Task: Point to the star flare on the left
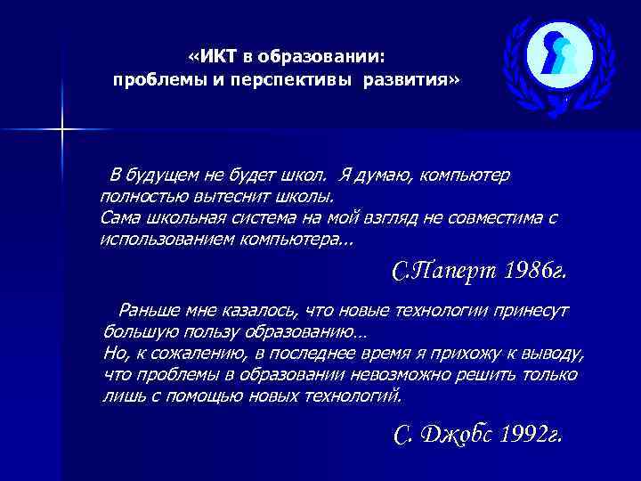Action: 63,130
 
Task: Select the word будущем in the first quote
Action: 172,175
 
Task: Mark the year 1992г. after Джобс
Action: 531,434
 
